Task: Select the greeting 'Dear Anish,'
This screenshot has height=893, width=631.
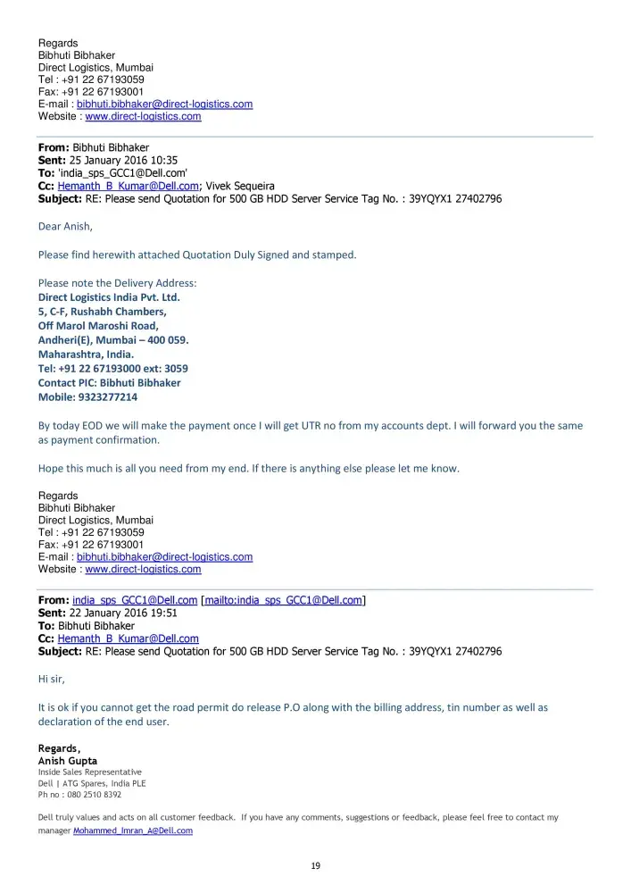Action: (x=65, y=226)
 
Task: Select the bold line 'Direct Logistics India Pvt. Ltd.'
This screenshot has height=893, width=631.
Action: (x=109, y=297)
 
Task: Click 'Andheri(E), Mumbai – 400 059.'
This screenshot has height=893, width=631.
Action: (x=113, y=340)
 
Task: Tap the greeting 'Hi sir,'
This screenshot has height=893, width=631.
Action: (x=52, y=679)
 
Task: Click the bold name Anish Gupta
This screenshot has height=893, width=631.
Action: (x=68, y=761)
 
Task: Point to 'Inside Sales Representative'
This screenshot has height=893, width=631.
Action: (x=89, y=772)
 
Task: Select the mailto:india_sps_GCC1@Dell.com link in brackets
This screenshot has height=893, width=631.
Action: (x=283, y=600)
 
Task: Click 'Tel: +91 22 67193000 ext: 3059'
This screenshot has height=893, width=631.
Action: (x=112, y=368)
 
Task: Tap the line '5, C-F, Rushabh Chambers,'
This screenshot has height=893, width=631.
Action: (x=102, y=312)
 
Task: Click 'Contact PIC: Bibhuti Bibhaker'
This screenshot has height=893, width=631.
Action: (x=109, y=382)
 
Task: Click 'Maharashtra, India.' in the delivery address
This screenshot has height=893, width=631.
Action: (x=86, y=355)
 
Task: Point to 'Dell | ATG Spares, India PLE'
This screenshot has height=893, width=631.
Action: (x=91, y=783)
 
